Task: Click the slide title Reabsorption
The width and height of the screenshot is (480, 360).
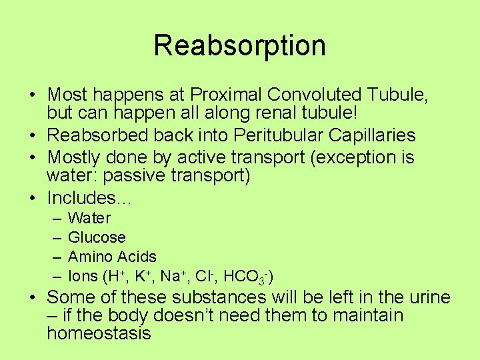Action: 239,45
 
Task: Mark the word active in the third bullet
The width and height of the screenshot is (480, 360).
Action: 202,157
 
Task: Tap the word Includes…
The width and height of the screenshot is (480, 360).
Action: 89,198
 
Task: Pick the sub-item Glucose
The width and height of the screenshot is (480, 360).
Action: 97,237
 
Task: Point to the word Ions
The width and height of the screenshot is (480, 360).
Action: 83,276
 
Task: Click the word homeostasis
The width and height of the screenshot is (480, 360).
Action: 99,333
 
